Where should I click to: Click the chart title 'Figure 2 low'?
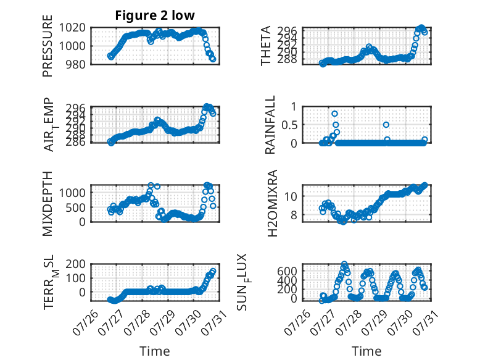point(155,15)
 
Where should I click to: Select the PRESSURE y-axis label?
point(48,46)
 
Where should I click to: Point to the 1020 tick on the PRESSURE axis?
point(72,28)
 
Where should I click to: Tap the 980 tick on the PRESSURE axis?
point(77,64)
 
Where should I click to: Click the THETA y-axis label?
point(266,46)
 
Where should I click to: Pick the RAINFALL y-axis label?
point(270,125)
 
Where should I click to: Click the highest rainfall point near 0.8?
point(334,114)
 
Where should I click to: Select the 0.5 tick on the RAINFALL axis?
point(289,125)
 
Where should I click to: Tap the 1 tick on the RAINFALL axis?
point(294,107)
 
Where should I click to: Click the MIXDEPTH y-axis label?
point(48,203)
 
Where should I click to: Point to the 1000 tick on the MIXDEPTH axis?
point(72,193)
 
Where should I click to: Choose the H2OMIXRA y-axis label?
point(272,203)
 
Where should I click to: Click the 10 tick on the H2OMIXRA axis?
point(291,196)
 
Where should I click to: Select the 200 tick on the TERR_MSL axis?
point(76,264)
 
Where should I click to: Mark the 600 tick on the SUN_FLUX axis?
point(287,271)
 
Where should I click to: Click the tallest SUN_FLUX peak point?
point(344,264)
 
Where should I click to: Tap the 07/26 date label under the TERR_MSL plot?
point(86,322)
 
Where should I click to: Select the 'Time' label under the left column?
point(155,351)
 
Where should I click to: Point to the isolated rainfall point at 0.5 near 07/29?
point(386,125)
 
